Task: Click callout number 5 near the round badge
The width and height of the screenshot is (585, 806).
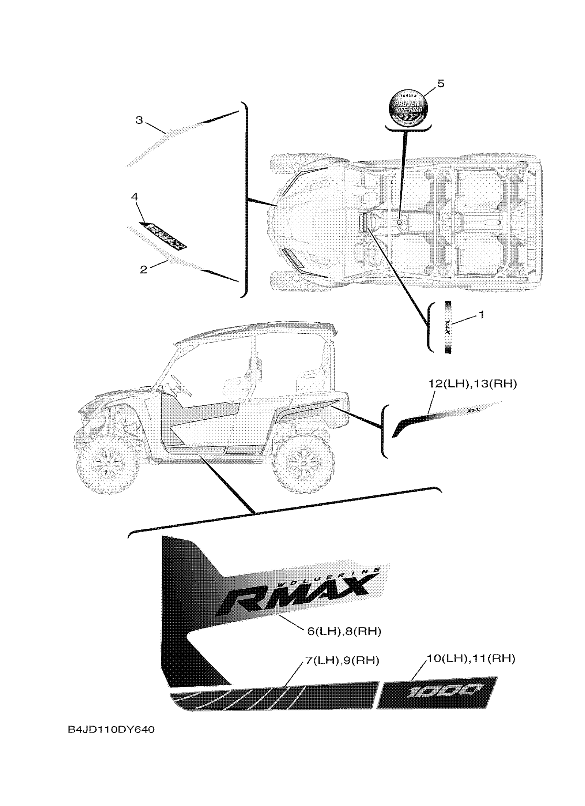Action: pos(440,84)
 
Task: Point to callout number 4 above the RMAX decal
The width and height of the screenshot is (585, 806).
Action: pos(135,196)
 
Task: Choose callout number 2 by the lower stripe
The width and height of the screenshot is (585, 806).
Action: pos(143,269)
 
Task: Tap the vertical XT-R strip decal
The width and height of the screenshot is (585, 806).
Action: pos(448,327)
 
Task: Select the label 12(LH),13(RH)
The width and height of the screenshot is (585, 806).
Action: pos(472,384)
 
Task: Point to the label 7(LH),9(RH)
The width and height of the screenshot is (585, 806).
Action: pos(342,660)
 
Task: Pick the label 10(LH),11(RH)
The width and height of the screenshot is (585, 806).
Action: pos(470,658)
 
